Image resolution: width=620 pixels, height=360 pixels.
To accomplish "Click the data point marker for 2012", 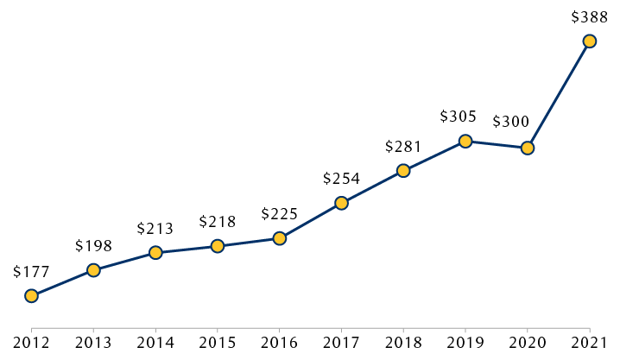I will tap(32, 296).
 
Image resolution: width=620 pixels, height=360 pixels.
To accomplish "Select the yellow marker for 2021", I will tap(590, 41).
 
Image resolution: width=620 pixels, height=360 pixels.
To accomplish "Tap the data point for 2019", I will tap(465, 141).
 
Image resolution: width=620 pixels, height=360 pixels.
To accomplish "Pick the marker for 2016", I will tap(280, 238).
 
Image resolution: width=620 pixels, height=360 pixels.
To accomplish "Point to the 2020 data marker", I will tap(528, 148).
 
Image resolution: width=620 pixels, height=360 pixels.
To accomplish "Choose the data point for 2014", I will tap(155, 253).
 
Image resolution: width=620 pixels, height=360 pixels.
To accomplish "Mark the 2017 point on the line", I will tap(342, 204).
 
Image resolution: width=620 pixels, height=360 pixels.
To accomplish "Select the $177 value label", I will tap(32, 271).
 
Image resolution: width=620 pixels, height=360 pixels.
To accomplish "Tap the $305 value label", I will tap(458, 117).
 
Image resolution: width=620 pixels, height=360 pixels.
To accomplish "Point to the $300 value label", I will tap(511, 122).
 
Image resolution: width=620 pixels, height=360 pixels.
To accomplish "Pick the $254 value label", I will tap(341, 179).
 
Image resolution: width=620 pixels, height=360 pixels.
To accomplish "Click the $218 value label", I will tap(217, 221).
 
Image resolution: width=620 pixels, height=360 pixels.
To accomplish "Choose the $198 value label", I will tap(93, 246).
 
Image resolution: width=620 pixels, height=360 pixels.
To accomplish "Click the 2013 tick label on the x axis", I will tap(94, 343).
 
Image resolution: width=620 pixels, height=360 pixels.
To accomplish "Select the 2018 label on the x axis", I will tap(403, 343).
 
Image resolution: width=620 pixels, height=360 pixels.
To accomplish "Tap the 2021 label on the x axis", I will tap(590, 343).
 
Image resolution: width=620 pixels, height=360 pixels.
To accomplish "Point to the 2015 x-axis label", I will tap(218, 343).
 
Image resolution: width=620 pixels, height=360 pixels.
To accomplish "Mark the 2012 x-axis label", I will tap(32, 343).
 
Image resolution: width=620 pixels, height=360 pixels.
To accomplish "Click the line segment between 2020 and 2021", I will tap(559, 94).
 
